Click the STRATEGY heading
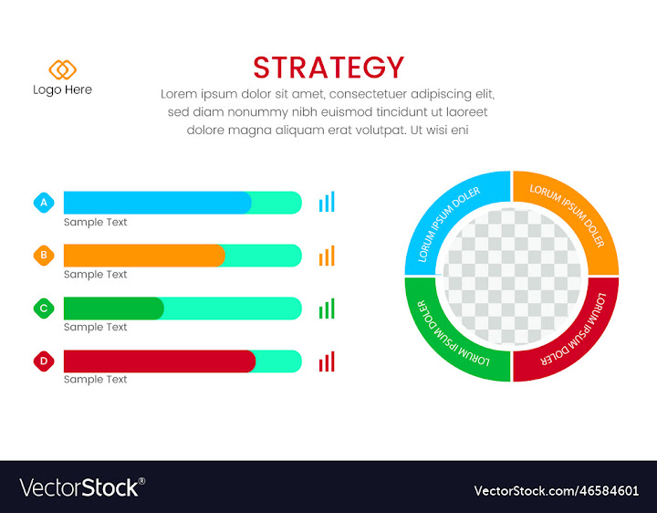point(328,68)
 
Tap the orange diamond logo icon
point(62,69)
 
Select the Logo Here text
point(62,89)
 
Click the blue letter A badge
point(44,203)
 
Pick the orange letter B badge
point(44,256)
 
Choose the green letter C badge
point(44,309)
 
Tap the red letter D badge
point(44,361)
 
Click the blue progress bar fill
point(155,203)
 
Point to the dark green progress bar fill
point(113,309)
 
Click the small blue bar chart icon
point(327,202)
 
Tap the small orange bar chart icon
point(327,256)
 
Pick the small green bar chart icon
point(327,309)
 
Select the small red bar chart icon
point(327,361)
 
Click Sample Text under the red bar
point(95,379)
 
